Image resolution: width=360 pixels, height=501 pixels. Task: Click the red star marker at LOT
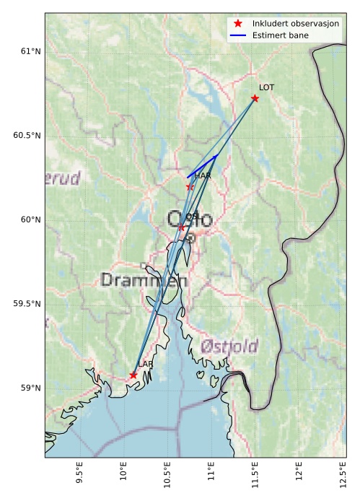(255, 98)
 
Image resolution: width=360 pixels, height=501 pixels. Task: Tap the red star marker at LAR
(133, 375)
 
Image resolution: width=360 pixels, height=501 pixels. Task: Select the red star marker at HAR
(190, 186)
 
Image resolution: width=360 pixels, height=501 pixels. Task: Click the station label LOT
(266, 87)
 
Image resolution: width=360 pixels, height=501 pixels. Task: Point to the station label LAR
(145, 365)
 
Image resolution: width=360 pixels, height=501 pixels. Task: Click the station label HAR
(202, 175)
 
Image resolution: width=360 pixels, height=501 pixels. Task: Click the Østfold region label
(229, 346)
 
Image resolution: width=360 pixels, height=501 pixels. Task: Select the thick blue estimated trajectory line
(202, 166)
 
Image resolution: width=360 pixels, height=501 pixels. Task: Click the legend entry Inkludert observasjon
(296, 24)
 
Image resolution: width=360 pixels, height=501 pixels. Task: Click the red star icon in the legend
(238, 24)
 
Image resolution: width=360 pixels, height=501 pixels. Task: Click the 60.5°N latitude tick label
(26, 136)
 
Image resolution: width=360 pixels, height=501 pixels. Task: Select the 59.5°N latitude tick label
(26, 304)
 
